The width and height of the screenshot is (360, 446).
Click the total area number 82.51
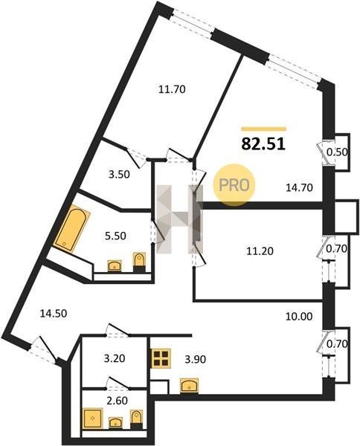[x=263, y=144]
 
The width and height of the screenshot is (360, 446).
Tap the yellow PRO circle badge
[x=234, y=185]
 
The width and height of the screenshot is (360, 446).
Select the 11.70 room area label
[x=172, y=90]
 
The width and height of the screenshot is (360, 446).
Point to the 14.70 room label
[x=299, y=187]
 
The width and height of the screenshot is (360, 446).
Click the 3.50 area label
[x=119, y=175]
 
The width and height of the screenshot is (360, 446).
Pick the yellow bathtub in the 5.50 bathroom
[x=71, y=229]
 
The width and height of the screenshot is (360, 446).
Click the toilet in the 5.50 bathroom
[x=139, y=262]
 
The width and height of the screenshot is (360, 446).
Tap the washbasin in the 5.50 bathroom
[x=115, y=266]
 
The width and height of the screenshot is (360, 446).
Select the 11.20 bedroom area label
[x=260, y=251]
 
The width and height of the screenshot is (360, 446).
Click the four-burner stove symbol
[x=161, y=358]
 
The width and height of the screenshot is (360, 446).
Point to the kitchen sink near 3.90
[x=189, y=387]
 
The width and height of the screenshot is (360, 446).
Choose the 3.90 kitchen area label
[x=195, y=359]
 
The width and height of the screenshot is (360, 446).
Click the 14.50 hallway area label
[x=54, y=314]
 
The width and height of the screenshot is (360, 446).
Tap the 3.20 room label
[x=115, y=358]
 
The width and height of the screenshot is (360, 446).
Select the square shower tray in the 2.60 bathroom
[x=92, y=418]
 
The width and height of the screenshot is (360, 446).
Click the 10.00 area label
[x=299, y=316]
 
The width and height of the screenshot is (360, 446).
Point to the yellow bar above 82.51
[x=263, y=129]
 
